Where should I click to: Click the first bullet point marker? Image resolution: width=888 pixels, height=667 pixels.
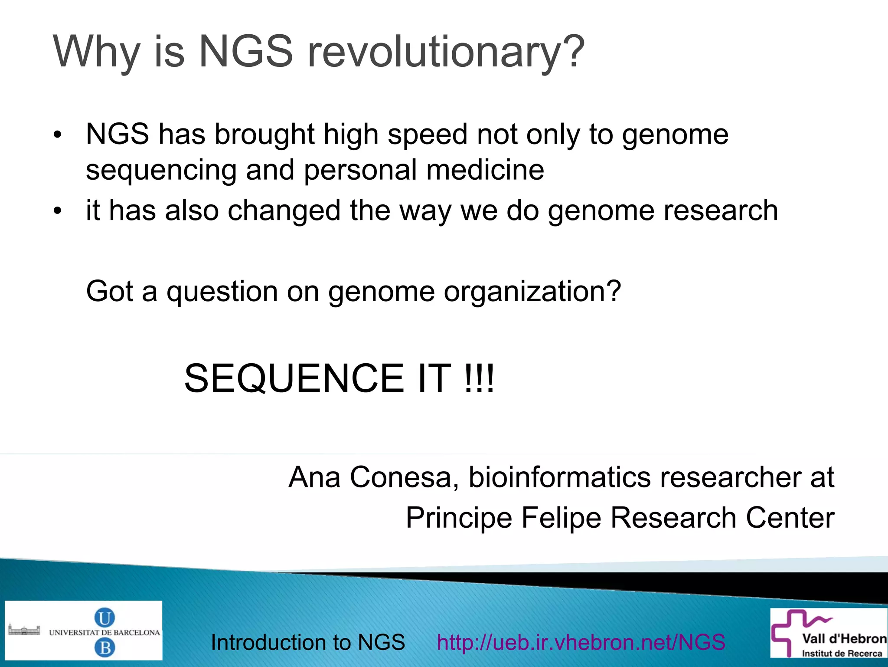tap(58, 135)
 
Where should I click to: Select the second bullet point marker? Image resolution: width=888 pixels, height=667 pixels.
tap(58, 211)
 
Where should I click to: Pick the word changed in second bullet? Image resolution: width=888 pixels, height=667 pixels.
tap(284, 210)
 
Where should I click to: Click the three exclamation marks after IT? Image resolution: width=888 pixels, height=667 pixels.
tap(479, 378)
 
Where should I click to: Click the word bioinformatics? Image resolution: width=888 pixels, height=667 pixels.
tap(559, 477)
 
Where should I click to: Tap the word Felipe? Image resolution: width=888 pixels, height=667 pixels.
tap(561, 518)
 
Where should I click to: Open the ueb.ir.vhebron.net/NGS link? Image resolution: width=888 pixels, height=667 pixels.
tap(581, 642)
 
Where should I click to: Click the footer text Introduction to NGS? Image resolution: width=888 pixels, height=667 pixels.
tap(307, 642)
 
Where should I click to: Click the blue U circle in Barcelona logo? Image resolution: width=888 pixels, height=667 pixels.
tap(104, 617)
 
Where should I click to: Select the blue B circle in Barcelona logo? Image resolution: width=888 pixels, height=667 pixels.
tap(104, 648)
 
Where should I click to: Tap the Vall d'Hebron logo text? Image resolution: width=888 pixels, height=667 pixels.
tap(843, 639)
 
